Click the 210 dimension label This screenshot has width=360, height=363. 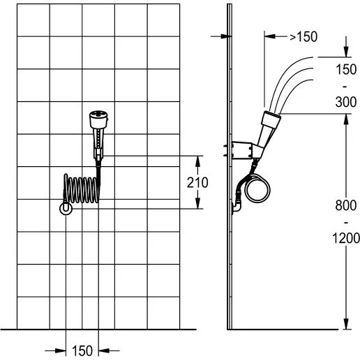point(197,182)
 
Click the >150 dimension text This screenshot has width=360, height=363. point(303,37)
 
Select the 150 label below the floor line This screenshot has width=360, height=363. point(82,350)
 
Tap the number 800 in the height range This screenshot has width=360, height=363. point(346,205)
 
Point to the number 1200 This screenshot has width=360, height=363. point(346,238)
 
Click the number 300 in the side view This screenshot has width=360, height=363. point(346,102)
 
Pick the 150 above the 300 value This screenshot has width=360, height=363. point(346,69)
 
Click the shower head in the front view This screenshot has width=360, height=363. point(99,135)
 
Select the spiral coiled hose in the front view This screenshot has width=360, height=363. point(82,188)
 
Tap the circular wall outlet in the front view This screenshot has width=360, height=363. point(66,209)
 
